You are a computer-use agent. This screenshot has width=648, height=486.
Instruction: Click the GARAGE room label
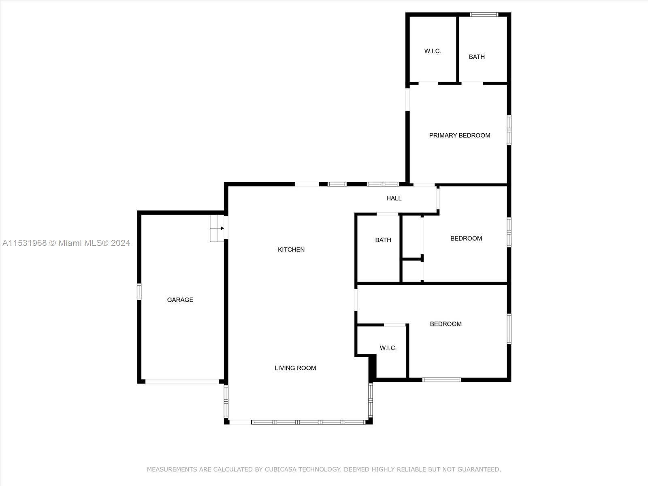tap(180, 300)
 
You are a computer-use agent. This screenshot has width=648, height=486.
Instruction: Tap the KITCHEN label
tap(291, 249)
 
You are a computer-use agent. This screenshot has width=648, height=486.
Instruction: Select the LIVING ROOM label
tap(295, 368)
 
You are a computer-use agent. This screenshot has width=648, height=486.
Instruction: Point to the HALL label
tap(394, 198)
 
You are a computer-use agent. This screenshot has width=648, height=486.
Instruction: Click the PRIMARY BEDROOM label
tap(460, 135)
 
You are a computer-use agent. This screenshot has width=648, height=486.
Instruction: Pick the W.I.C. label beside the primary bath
tap(433, 51)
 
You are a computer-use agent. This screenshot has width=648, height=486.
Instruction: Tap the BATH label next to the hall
tap(383, 240)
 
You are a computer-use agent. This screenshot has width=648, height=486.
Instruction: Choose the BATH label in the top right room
tap(477, 57)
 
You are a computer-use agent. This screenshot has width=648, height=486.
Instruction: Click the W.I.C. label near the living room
tap(388, 348)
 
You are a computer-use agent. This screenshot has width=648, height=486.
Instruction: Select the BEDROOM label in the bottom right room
tap(446, 324)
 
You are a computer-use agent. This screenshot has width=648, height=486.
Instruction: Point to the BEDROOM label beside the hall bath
tap(466, 239)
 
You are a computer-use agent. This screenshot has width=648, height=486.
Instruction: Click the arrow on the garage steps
tap(219, 228)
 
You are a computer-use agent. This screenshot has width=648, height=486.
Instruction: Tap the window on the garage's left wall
tap(139, 292)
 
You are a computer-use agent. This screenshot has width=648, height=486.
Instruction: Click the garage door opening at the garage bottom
tap(182, 382)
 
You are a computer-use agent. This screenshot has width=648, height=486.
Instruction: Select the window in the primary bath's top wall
tap(484, 15)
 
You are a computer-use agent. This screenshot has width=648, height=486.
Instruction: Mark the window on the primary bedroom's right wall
tap(509, 130)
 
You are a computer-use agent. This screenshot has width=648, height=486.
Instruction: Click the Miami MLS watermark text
tap(66, 243)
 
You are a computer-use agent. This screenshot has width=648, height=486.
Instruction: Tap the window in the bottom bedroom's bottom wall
tap(441, 380)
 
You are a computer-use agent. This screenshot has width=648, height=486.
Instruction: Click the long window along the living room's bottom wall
tap(309, 422)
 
